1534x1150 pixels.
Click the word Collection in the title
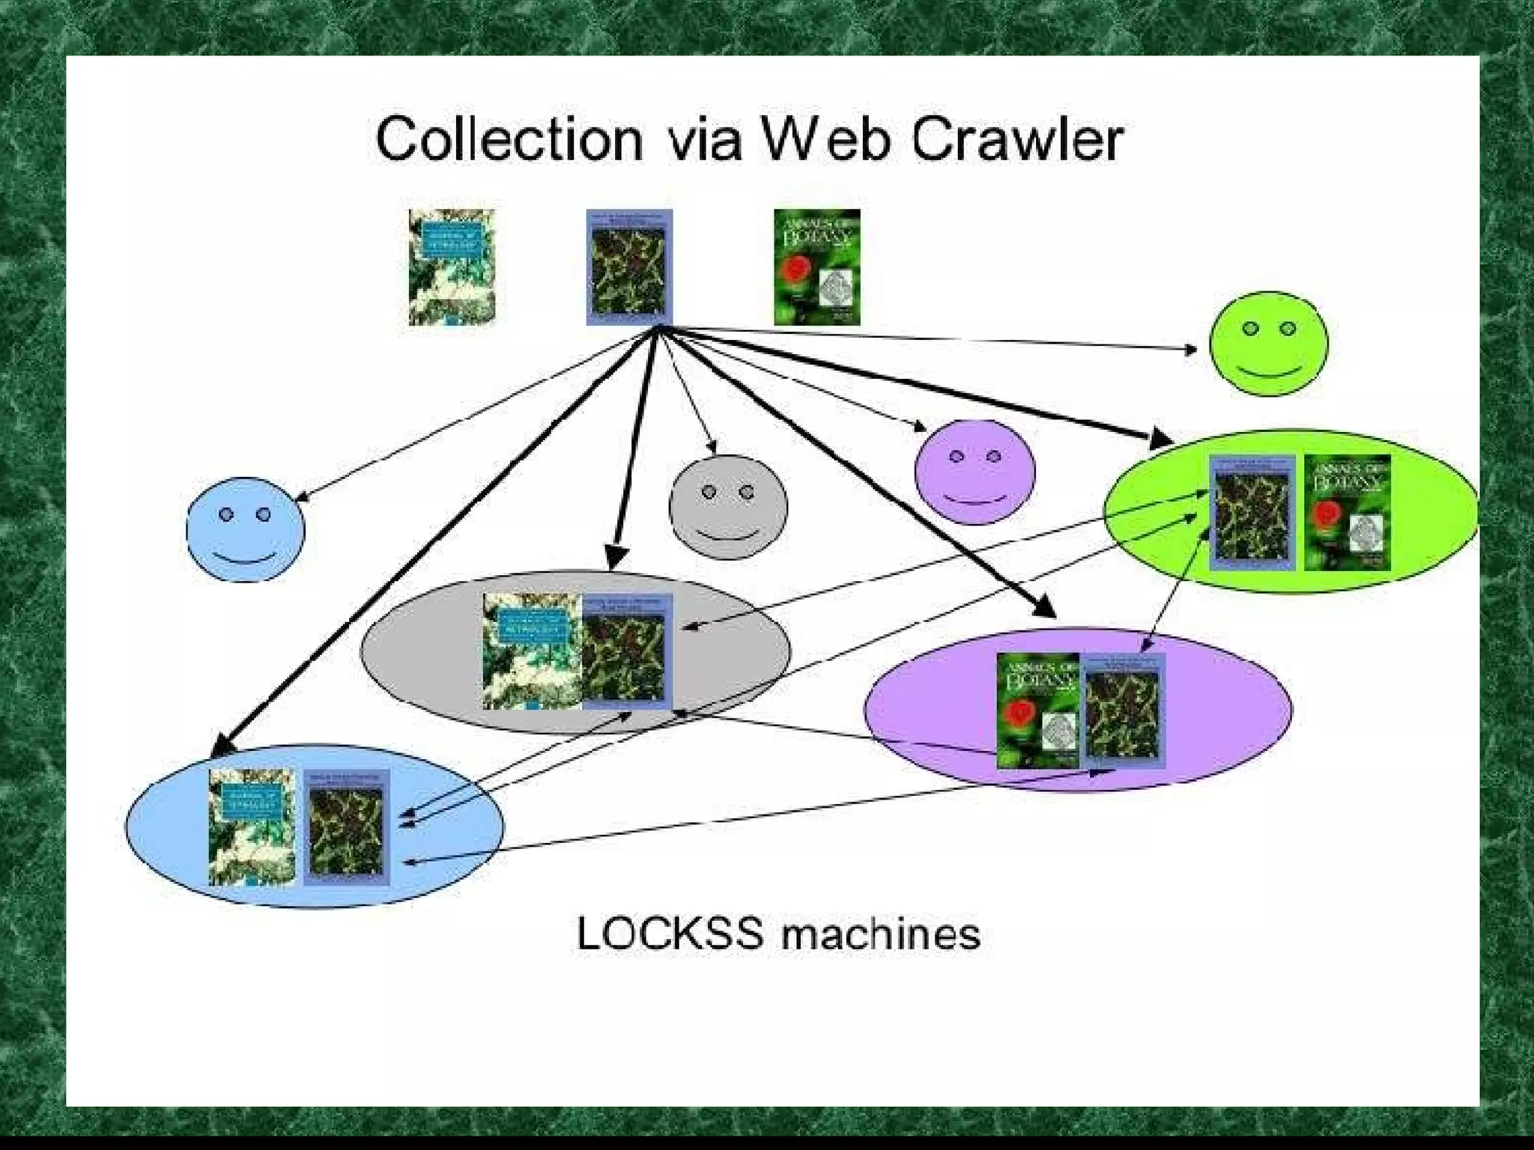pos(509,139)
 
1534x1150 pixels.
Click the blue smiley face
pos(246,529)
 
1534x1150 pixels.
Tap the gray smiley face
pos(728,507)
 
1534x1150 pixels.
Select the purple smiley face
pos(974,472)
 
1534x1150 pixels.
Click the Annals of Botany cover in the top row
pos(816,267)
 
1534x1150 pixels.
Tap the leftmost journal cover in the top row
pos(452,267)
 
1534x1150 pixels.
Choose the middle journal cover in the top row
pos(629,267)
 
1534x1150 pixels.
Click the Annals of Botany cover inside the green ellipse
pos(1347,512)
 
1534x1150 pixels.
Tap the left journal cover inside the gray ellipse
pos(532,651)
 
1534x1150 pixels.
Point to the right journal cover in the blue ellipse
pos(346,828)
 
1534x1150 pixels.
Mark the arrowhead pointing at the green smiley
pos(1191,350)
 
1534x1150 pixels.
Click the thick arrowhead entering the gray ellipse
pos(616,555)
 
